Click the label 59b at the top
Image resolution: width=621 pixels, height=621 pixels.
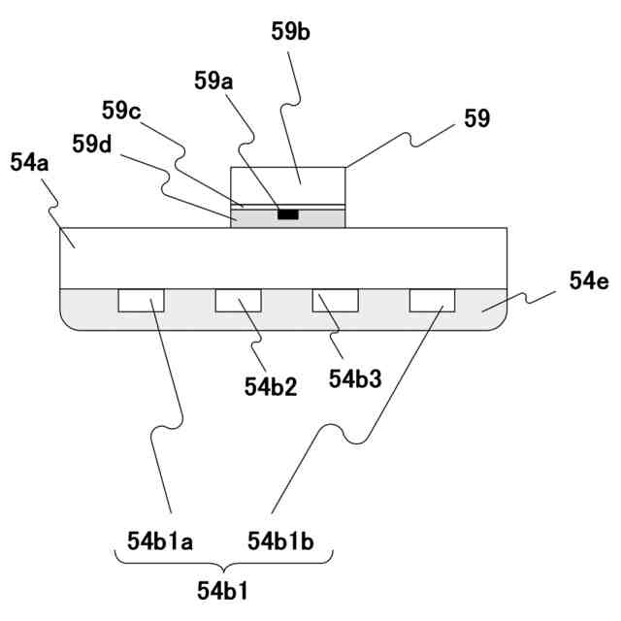coord(290,31)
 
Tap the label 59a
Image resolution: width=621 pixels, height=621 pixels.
coord(214,82)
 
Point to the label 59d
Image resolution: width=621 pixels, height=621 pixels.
coord(92,145)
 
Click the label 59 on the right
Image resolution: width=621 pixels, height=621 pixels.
coord(477,119)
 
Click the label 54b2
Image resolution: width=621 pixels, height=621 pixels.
coord(271,386)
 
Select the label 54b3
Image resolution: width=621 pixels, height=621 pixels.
coord(355,378)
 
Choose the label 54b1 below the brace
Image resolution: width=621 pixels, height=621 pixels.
coord(224,589)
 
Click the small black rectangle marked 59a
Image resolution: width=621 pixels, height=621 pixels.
coord(288,213)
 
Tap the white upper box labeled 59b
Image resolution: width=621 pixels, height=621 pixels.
coord(288,184)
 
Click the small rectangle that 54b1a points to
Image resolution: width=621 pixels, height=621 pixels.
coord(142,301)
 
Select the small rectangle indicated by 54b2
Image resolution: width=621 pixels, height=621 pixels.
coord(239,301)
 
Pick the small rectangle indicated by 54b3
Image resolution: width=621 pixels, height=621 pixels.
coord(336,301)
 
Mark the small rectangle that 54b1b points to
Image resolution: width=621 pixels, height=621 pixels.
coord(433,301)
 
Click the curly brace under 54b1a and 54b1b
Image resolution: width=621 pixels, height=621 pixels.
coord(224,564)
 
